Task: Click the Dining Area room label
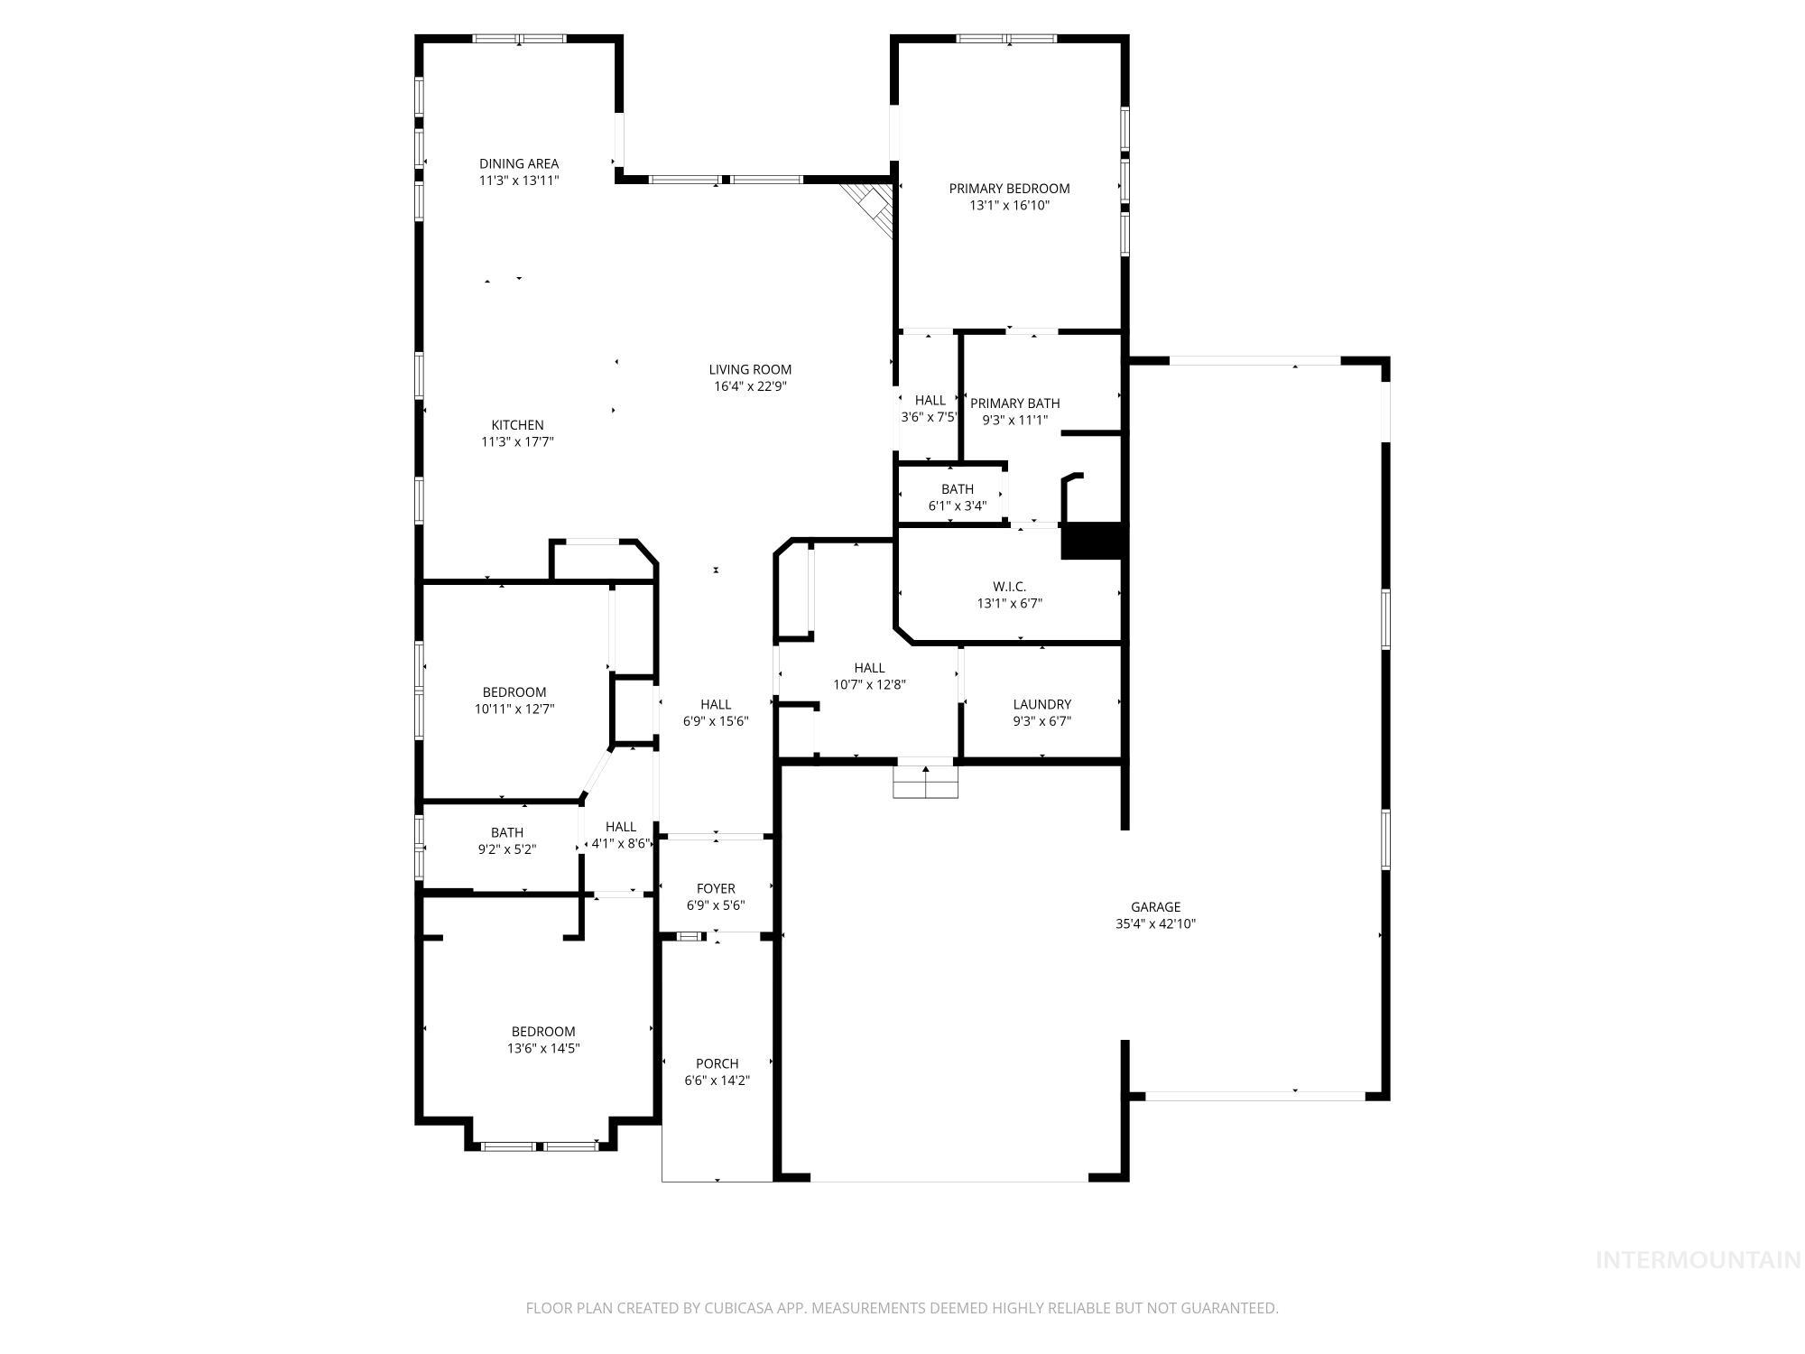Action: pyautogui.click(x=518, y=163)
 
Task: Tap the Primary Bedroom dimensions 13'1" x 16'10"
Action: pyautogui.click(x=1009, y=206)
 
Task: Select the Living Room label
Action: pyautogui.click(x=749, y=369)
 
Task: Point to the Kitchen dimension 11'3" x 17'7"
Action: pyautogui.click(x=517, y=442)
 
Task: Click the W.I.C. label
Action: pyautogui.click(x=1009, y=587)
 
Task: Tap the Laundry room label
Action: pyautogui.click(x=1041, y=704)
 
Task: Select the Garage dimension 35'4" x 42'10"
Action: pyautogui.click(x=1155, y=924)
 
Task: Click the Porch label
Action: pyautogui.click(x=717, y=1063)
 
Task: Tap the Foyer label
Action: pyautogui.click(x=716, y=888)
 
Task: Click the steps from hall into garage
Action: pyautogui.click(x=925, y=782)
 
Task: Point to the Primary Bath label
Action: pyautogui.click(x=1014, y=403)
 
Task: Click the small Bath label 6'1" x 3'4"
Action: pyautogui.click(x=957, y=489)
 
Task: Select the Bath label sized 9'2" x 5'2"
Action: pyautogui.click(x=506, y=832)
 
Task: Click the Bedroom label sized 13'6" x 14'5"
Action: pyautogui.click(x=542, y=1032)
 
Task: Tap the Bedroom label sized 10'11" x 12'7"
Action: pyautogui.click(x=514, y=692)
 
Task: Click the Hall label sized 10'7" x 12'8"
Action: pyautogui.click(x=869, y=668)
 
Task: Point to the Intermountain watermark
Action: pyautogui.click(x=1698, y=1260)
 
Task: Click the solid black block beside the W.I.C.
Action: pyautogui.click(x=1093, y=542)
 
